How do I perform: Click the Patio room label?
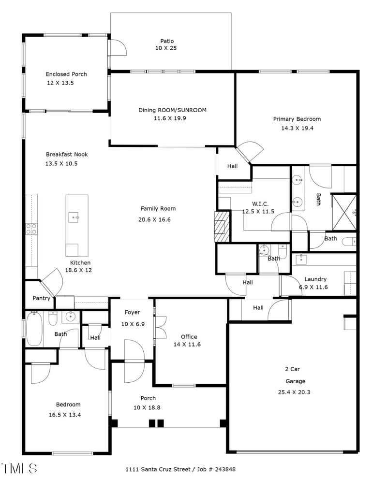(x=167, y=41)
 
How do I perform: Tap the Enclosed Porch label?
(x=66, y=74)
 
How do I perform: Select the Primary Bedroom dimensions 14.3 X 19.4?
(x=297, y=128)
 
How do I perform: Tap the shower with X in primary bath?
(x=343, y=212)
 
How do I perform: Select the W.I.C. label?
(x=260, y=203)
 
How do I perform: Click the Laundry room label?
(x=315, y=279)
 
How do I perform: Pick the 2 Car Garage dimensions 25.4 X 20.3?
(x=295, y=392)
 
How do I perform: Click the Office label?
(x=189, y=336)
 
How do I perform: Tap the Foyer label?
(x=132, y=312)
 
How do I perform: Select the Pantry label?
(x=42, y=298)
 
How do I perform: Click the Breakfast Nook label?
(x=67, y=155)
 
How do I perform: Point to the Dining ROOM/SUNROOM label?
(x=172, y=110)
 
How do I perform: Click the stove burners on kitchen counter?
(x=31, y=229)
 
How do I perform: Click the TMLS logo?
(x=19, y=468)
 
